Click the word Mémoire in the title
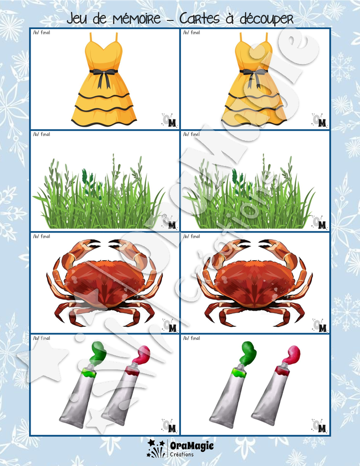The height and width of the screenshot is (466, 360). click(x=137, y=19)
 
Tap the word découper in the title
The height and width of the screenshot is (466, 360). click(x=267, y=19)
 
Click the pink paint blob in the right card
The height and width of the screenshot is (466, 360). click(x=291, y=354)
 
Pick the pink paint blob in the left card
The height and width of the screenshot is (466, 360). click(x=141, y=354)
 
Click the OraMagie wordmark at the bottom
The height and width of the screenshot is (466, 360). click(x=192, y=446)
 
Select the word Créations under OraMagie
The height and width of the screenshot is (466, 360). click(x=182, y=454)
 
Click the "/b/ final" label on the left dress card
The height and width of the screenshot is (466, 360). click(x=42, y=33)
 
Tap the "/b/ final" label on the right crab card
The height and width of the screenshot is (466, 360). click(x=192, y=236)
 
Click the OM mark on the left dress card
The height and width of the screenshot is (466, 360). click(x=170, y=120)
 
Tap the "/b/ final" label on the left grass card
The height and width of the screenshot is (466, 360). click(x=42, y=134)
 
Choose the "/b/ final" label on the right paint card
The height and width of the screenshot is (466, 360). click(x=192, y=338)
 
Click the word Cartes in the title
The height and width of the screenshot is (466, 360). click(x=199, y=19)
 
